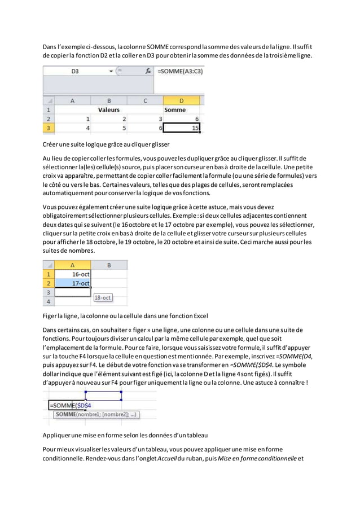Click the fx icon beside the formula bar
click(x=148, y=72)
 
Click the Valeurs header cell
click(x=109, y=110)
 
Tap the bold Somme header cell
click(x=175, y=110)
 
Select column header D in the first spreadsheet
click(x=181, y=100)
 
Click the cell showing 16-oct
click(x=73, y=274)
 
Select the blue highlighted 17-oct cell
click(x=73, y=283)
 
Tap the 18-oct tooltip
click(x=103, y=297)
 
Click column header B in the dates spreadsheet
click(x=109, y=264)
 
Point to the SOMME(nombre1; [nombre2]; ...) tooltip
click(x=96, y=415)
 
